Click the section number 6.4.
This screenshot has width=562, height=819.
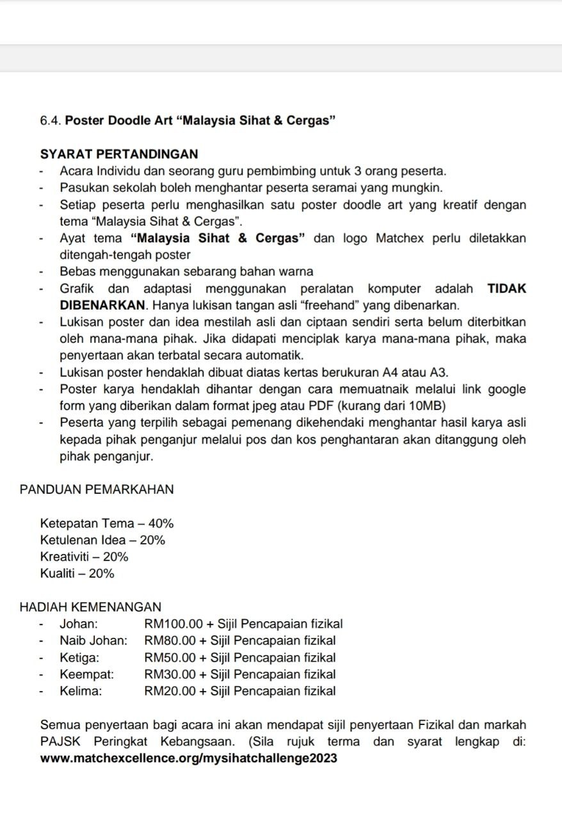[51, 120]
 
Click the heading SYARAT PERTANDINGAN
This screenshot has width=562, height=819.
[119, 154]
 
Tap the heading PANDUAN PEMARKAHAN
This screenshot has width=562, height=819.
[97, 489]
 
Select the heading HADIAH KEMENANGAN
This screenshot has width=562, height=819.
[90, 607]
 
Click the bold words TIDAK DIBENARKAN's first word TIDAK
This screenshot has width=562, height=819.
[507, 289]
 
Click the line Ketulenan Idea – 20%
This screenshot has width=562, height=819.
[102, 540]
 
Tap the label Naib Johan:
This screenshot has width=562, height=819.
[93, 640]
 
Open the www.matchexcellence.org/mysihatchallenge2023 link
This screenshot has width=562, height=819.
[188, 758]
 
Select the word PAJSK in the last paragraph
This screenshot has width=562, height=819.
[60, 742]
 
